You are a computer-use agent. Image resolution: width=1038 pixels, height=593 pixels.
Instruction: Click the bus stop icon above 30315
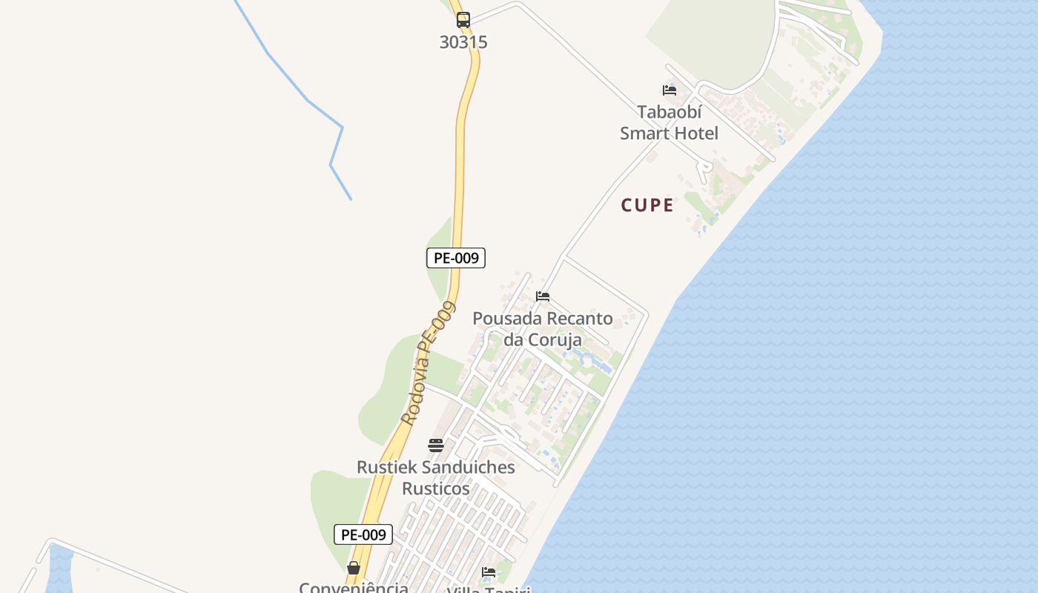coord(463,20)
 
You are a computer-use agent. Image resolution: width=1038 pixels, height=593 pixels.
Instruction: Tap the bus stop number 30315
coord(463,42)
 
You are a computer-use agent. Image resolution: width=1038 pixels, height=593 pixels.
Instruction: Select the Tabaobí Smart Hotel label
coord(670,123)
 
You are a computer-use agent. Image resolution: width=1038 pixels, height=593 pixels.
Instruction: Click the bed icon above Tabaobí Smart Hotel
coord(670,90)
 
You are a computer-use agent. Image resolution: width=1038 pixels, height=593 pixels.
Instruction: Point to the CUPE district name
coord(647,205)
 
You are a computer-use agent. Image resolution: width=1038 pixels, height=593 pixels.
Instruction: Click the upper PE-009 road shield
coord(456,258)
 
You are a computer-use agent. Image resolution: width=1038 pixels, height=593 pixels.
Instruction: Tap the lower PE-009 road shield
coord(363,534)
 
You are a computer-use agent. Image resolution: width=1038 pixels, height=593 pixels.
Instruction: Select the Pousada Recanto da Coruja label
coord(543,329)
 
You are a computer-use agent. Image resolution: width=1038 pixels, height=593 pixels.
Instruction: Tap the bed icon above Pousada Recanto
coord(543,296)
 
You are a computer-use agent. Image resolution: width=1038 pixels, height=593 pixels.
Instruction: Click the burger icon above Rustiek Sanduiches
coord(436,445)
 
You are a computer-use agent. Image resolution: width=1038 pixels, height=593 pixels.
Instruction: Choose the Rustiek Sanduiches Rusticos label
coord(436,478)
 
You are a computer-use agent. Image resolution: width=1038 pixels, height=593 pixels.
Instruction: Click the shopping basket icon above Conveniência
coord(354,569)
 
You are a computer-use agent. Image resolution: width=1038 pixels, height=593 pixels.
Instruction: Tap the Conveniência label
coord(354,587)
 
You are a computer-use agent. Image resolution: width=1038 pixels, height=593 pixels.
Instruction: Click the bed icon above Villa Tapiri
coord(489,572)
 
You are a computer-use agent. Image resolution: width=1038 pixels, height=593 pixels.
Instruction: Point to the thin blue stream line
coord(308,100)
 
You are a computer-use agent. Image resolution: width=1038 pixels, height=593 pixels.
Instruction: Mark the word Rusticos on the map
coord(436,489)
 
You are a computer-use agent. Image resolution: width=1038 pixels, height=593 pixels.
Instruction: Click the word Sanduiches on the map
coord(468,468)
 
